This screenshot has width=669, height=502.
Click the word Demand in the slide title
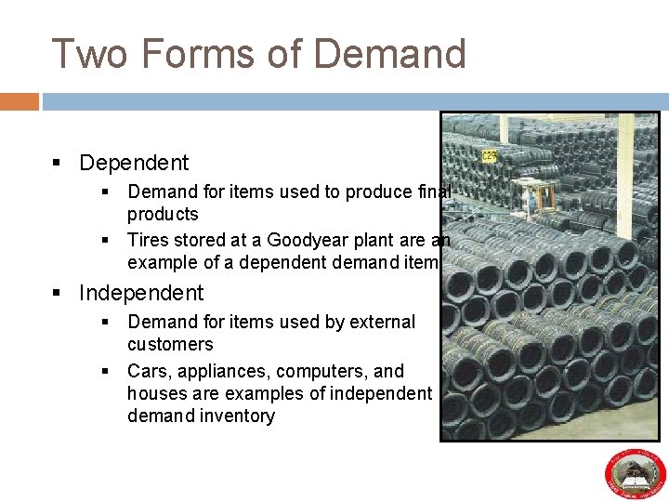(389, 54)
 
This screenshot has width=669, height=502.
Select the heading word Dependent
(134, 163)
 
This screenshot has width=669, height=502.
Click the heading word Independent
(141, 293)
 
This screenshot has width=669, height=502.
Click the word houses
(156, 392)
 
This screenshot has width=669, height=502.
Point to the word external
(384, 322)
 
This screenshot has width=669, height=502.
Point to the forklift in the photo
(536, 196)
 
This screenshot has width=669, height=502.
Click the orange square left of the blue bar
(20, 101)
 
